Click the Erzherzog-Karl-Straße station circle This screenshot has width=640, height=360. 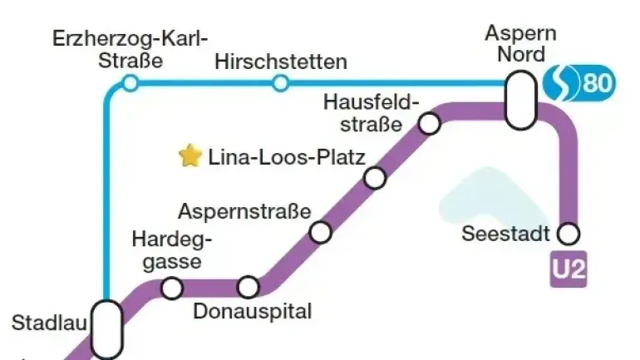tap(130, 82)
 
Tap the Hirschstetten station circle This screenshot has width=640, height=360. tap(281, 82)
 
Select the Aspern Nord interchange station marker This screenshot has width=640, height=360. tap(521, 99)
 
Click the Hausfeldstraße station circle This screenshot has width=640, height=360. tap(429, 124)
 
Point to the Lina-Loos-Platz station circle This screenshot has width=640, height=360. tap(375, 178)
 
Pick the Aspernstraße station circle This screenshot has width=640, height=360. tap(321, 232)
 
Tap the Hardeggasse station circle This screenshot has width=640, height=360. tap(172, 288)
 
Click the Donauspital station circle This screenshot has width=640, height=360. tap(248, 288)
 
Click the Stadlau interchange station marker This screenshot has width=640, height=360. tap(106, 329)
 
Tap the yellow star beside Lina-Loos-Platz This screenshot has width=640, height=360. tap(190, 155)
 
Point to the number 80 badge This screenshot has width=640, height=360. tap(598, 83)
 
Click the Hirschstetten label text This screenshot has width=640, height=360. tap(281, 62)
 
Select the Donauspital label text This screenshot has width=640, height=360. tap(253, 312)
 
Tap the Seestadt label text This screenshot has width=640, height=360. tap(505, 234)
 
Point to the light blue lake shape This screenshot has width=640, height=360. tap(482, 200)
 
